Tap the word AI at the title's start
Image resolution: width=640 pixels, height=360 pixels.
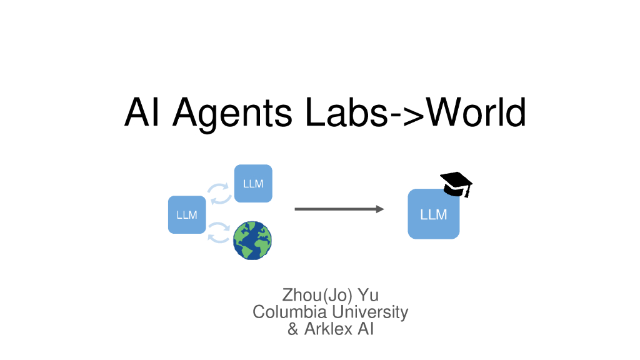tap(141, 112)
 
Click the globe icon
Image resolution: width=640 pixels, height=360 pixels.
tap(252, 241)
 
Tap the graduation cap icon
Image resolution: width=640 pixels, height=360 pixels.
tap(456, 184)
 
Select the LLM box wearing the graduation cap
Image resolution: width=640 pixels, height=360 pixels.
tap(434, 214)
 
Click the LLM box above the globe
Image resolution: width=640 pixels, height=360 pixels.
tap(253, 183)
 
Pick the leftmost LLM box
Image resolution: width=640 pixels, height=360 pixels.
tap(187, 215)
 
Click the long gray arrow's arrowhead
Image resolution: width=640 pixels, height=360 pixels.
tap(380, 209)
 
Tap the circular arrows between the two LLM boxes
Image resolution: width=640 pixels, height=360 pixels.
tap(219, 194)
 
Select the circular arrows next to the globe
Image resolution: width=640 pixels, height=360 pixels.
tap(219, 232)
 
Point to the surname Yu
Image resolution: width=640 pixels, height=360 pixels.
tap(369, 295)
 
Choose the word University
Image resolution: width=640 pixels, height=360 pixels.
tap(370, 312)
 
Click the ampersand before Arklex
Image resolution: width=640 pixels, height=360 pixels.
tap(292, 329)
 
